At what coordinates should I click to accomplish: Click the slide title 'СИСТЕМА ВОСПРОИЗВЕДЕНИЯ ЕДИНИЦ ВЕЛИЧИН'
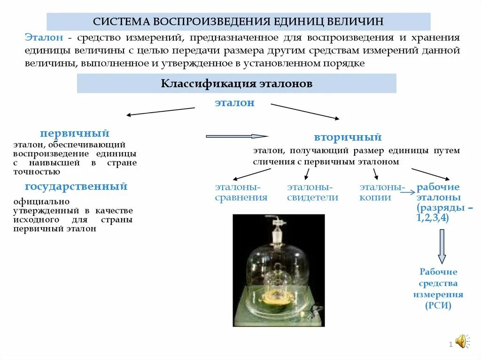pos(238,22)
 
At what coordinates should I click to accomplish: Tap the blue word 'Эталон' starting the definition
pos(43,38)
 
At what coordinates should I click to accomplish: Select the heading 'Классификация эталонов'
pos(237,84)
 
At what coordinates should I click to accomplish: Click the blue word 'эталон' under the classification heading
pos(234,103)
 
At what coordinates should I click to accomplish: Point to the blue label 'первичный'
pos(75,133)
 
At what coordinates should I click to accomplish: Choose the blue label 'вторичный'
pos(348,138)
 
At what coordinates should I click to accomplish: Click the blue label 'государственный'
pos(76,186)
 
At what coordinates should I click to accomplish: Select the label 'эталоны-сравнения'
pos(241,192)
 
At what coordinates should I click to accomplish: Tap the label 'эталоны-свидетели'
pos(312,192)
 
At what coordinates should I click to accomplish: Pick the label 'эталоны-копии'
pos(381,192)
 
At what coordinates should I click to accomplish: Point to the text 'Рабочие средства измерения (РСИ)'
pos(438,289)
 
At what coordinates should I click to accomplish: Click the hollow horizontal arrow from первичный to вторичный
pos(237,136)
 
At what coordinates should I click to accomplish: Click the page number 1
pos(450,345)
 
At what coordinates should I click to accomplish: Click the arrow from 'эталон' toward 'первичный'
pos(160,111)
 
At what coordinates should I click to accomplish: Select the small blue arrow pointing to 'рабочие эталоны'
pos(410,191)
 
